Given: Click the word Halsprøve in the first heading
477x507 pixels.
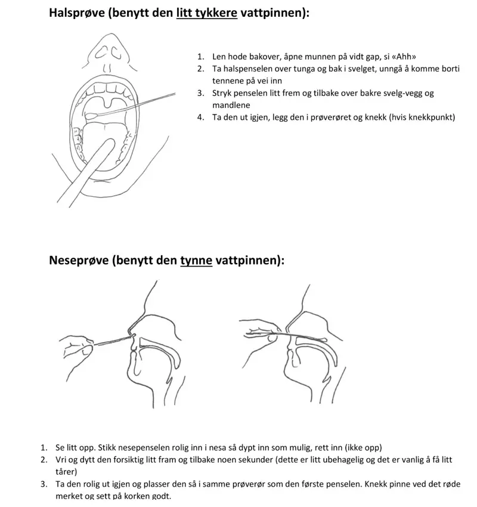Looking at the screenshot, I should click(x=77, y=13).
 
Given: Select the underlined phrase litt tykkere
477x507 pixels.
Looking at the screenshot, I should click(x=207, y=13).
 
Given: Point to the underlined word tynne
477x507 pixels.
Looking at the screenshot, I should click(x=196, y=261).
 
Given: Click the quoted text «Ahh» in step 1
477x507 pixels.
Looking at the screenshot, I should click(x=404, y=57).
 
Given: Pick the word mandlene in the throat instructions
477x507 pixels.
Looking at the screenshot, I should click(x=230, y=104).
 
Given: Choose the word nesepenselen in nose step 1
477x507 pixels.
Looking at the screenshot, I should click(x=133, y=447).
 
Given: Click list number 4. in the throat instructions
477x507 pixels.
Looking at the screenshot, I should click(x=201, y=117).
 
